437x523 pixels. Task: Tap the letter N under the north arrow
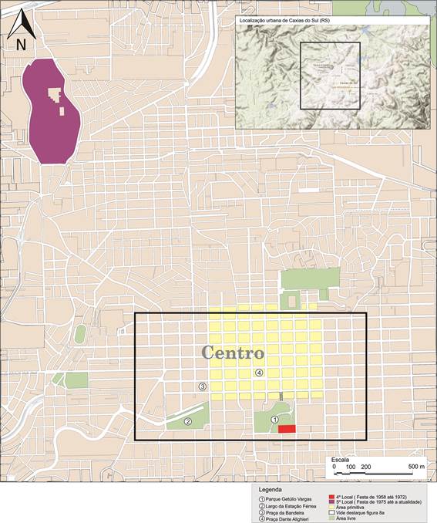20,44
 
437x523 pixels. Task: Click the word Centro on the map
234,353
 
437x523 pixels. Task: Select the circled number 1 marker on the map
274,419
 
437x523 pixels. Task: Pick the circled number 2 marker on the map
187,422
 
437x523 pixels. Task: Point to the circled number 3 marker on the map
203,386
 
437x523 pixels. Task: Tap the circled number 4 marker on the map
259,373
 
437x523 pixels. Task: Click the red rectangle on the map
287,428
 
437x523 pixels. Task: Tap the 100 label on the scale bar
351,467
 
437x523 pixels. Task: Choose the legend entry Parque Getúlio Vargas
292,498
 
